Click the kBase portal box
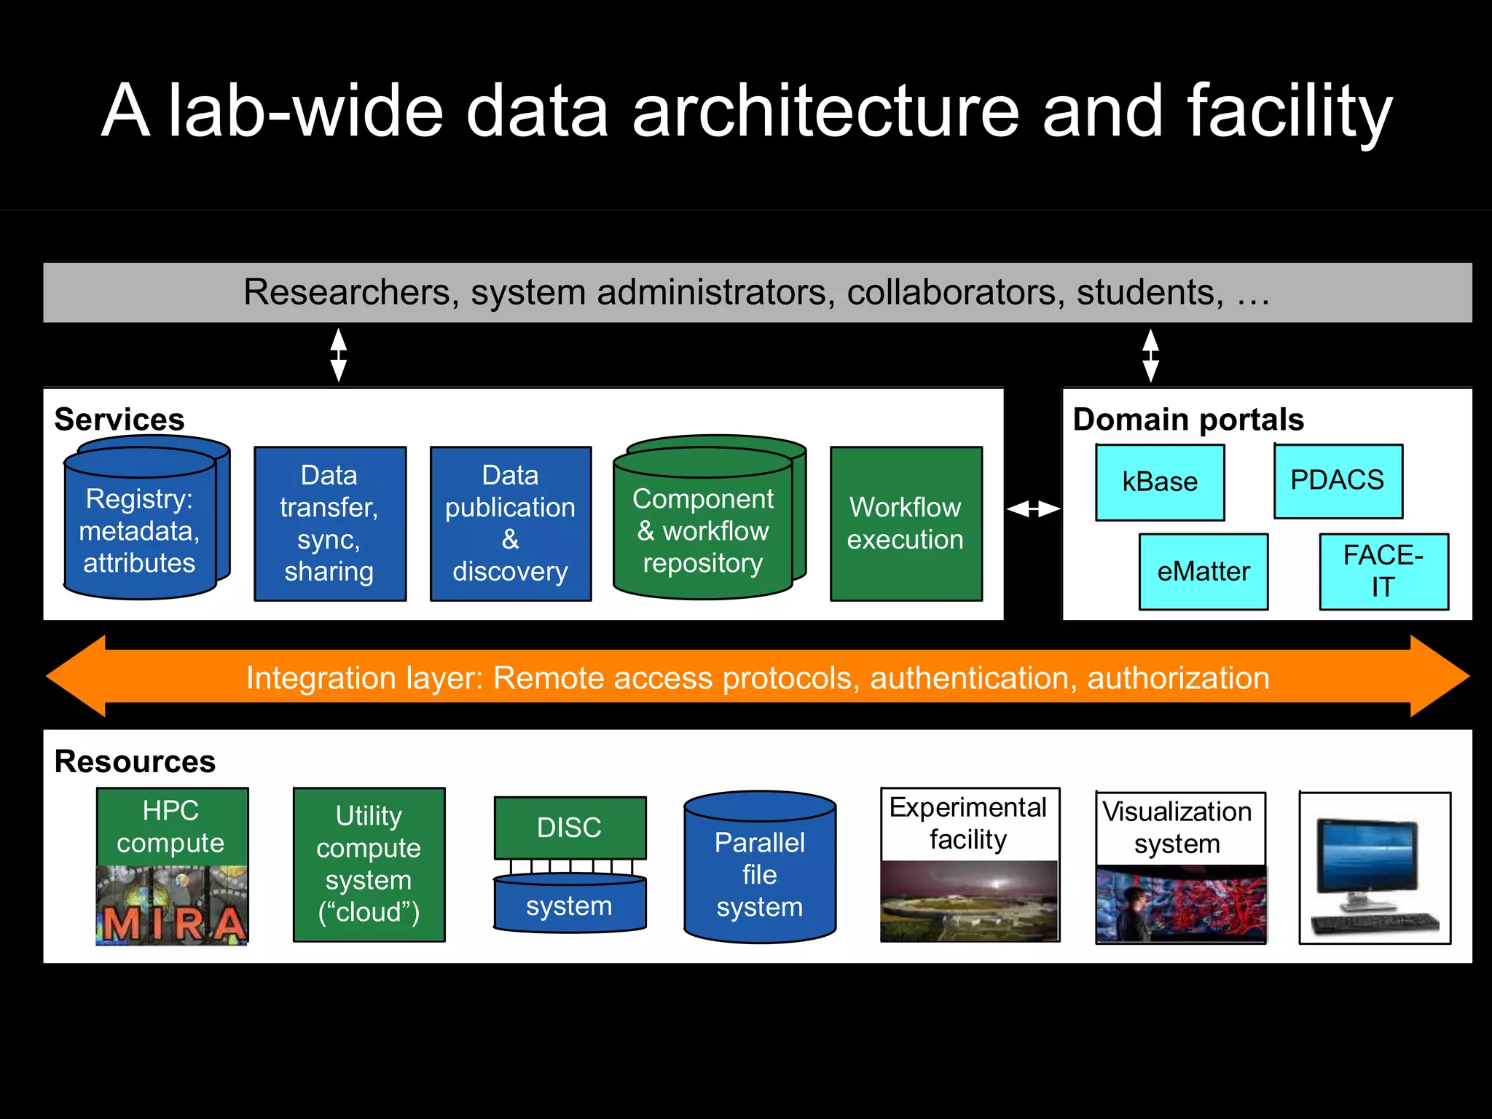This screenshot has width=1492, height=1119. (x=1160, y=482)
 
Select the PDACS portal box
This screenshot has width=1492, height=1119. (x=1338, y=481)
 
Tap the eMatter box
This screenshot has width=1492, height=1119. (x=1203, y=571)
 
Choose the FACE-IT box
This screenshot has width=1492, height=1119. (x=1383, y=571)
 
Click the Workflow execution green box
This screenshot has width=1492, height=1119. (x=906, y=523)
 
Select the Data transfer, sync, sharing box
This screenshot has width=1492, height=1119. (x=329, y=523)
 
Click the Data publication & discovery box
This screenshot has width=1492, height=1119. (x=510, y=523)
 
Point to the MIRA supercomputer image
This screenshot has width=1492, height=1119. (x=172, y=906)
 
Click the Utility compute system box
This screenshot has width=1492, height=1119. (x=369, y=864)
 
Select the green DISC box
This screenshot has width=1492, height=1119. (x=570, y=828)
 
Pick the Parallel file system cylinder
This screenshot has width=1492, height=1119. (x=759, y=874)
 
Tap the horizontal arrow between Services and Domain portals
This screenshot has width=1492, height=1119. (x=1032, y=509)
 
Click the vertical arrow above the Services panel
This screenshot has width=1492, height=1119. (x=338, y=355)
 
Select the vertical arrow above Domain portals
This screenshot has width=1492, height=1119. (x=1150, y=355)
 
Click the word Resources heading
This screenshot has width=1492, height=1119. (x=135, y=761)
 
